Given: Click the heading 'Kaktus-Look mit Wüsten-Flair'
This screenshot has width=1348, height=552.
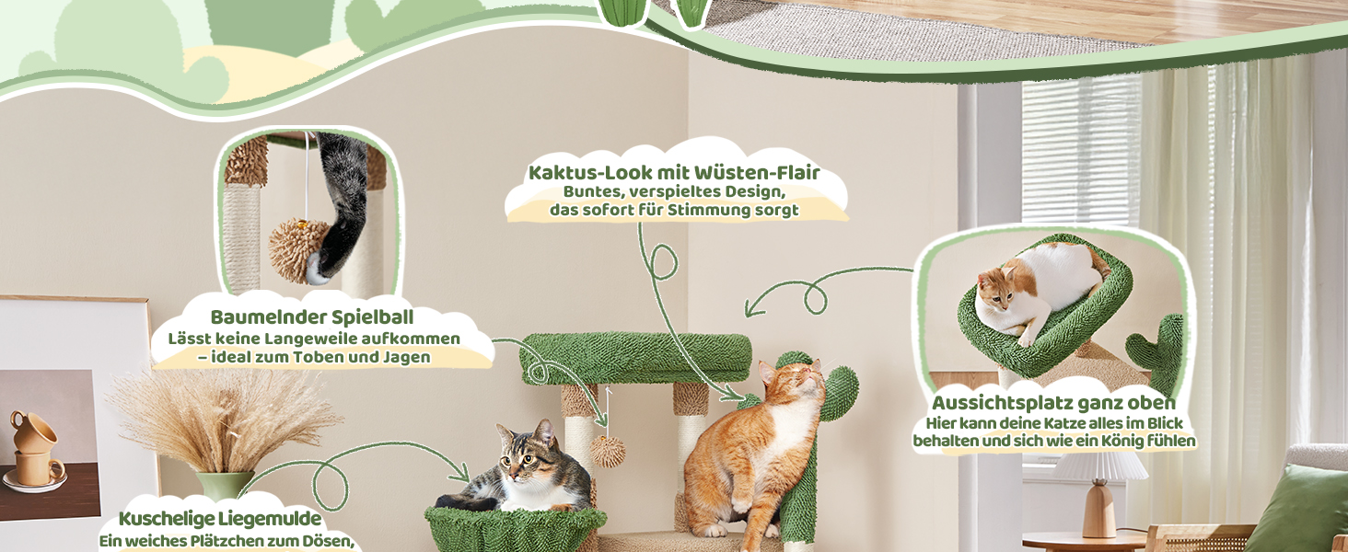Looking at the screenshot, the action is (x=674, y=173).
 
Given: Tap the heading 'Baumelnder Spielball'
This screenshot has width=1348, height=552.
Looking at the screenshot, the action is (x=312, y=316).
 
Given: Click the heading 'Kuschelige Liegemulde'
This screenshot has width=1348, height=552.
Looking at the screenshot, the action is (x=220, y=518).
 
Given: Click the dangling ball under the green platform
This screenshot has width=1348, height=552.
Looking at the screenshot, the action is (x=608, y=452).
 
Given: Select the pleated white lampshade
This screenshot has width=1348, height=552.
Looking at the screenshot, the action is (x=1098, y=466).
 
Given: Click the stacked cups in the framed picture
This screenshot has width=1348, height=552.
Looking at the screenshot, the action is (x=36, y=448).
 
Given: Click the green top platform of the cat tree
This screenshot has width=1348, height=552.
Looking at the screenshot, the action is (x=635, y=359).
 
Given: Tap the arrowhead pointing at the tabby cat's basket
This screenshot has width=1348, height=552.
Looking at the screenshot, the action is (x=462, y=474).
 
